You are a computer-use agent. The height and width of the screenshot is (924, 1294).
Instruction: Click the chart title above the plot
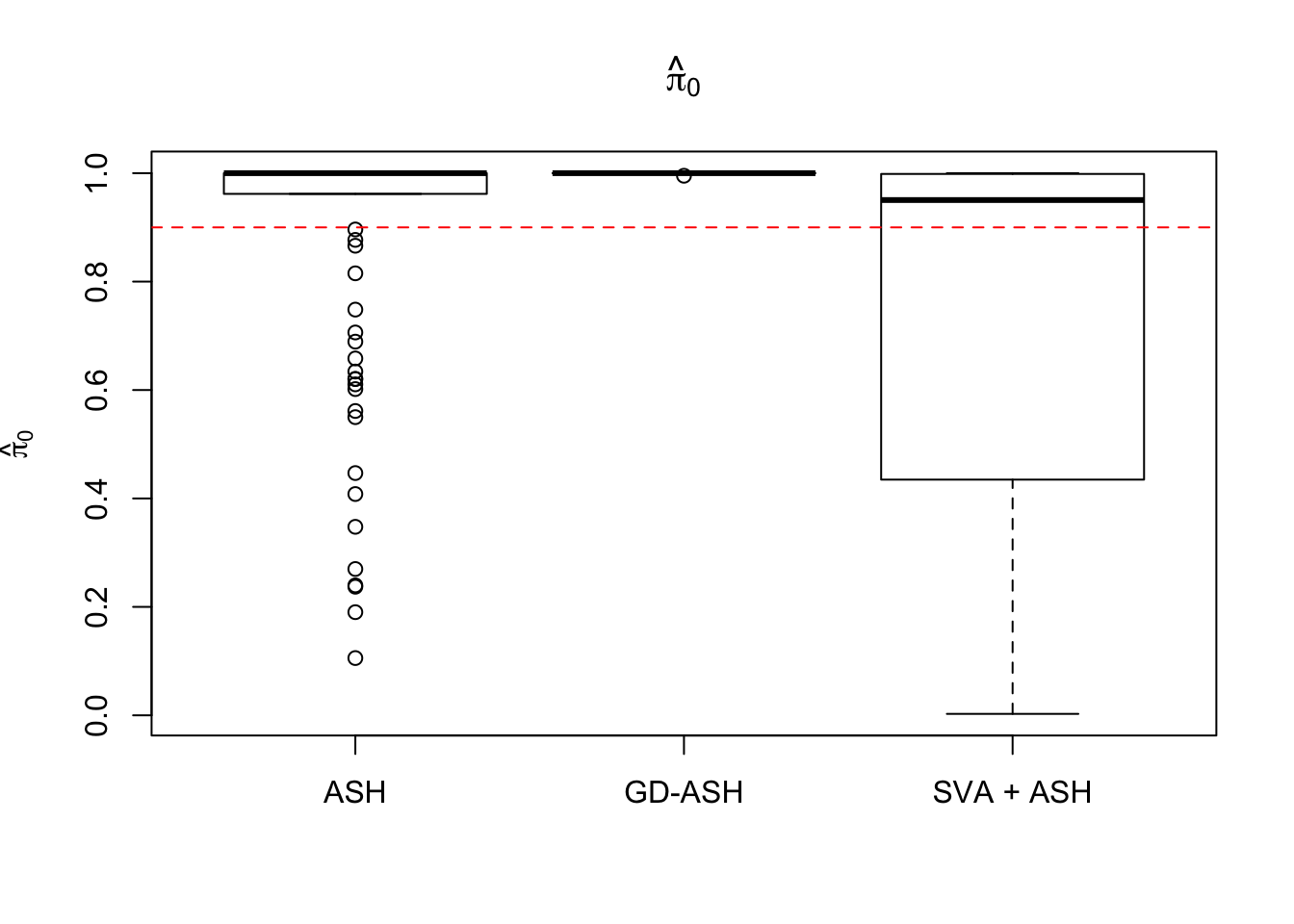click(683, 78)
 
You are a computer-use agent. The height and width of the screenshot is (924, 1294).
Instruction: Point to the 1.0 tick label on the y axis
click(96, 173)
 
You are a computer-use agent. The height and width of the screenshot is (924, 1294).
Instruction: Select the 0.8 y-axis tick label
click(96, 282)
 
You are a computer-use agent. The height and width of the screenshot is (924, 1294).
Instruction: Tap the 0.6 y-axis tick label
click(96, 390)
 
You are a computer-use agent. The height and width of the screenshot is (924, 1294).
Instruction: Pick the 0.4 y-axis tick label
click(96, 499)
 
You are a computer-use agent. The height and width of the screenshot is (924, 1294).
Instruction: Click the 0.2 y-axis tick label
click(96, 607)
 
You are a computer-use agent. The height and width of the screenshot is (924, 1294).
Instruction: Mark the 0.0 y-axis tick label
click(96, 716)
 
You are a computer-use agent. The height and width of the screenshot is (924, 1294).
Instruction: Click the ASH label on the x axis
click(355, 792)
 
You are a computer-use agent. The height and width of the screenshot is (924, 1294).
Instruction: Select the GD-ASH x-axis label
click(684, 792)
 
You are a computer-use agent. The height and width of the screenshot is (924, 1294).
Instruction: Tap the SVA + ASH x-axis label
click(1012, 792)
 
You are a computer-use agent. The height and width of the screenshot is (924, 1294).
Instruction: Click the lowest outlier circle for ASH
click(355, 658)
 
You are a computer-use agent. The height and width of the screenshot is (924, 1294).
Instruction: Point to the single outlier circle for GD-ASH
click(684, 176)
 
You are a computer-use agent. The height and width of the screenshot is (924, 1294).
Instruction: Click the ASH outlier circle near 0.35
click(355, 526)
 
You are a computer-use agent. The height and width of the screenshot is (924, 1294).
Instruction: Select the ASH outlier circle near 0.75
click(355, 310)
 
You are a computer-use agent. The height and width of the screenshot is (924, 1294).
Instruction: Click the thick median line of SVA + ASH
click(1012, 200)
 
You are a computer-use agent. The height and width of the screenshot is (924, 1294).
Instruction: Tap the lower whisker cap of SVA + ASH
click(1012, 713)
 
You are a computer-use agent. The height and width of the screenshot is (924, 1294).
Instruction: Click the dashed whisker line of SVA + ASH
click(1012, 597)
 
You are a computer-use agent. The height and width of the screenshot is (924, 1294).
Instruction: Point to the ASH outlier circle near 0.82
click(355, 273)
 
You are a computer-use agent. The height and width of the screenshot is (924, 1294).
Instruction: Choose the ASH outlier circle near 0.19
click(355, 612)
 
